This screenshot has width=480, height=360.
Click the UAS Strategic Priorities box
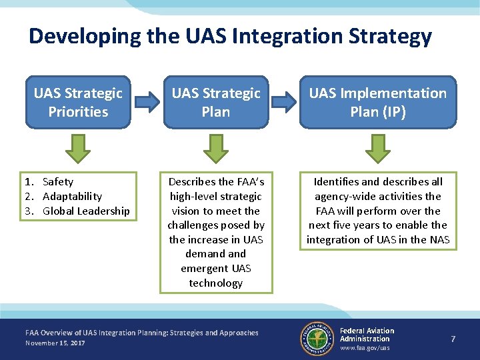[x=78, y=102]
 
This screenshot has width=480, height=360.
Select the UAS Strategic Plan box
[x=216, y=102]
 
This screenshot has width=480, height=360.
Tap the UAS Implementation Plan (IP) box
[x=378, y=102]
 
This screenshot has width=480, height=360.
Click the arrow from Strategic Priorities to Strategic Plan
[x=147, y=102]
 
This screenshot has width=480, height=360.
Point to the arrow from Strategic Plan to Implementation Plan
[x=284, y=102]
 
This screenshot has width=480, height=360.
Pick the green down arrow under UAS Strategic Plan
[x=216, y=149]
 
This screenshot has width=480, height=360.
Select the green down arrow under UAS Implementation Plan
[x=378, y=149]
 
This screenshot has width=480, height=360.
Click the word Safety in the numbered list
[x=58, y=181]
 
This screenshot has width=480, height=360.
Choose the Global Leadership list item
[x=86, y=211]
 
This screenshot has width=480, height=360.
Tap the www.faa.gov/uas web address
[x=365, y=348]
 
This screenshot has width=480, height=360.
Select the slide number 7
[x=453, y=339]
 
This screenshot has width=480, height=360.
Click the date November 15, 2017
[x=55, y=343]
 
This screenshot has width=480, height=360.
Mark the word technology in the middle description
[x=216, y=283]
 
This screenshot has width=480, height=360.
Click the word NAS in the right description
[x=439, y=239]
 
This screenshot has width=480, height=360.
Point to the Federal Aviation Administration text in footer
[x=367, y=335]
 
